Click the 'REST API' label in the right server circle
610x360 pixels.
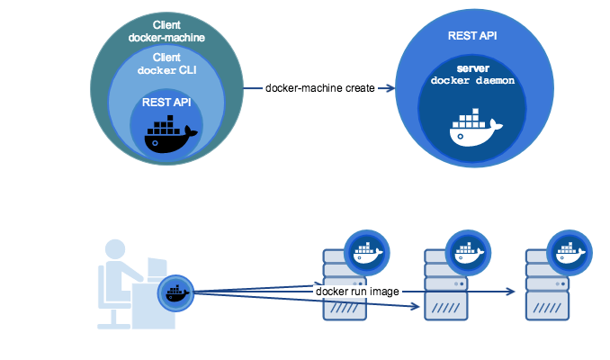pos(472,36)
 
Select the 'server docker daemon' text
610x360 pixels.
pos(471,75)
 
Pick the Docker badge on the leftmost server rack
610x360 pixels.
pos(366,252)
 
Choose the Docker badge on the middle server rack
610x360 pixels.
pos(468,252)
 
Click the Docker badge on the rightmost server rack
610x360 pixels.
pos(570,252)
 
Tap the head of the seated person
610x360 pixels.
pos(116,250)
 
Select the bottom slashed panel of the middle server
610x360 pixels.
pos(446,310)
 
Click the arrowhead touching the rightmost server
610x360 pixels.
pos(513,292)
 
